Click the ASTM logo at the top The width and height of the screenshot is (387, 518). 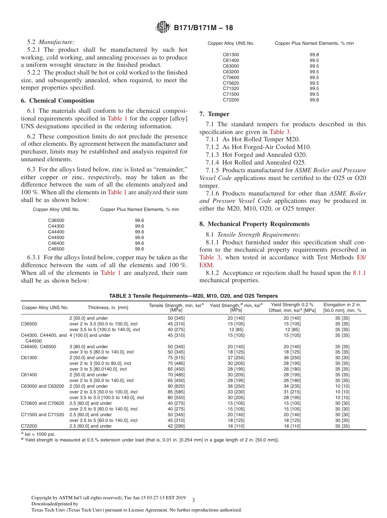(163, 28)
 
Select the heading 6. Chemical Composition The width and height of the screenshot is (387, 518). (57, 101)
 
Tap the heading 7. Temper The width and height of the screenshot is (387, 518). (214, 114)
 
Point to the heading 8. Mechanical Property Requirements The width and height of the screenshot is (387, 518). (254, 224)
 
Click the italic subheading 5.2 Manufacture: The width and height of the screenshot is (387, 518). (51, 42)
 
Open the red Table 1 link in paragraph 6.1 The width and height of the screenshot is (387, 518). (117, 119)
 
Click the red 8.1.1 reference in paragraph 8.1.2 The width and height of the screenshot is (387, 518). (359, 273)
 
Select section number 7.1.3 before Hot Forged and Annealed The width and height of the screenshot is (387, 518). (212, 154)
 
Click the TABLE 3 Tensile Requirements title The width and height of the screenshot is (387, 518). (193, 296)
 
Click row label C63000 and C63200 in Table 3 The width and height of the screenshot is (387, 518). (42, 386)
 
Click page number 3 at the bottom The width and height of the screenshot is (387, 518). (193, 500)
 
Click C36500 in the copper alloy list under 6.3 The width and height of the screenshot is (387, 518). (56, 220)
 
